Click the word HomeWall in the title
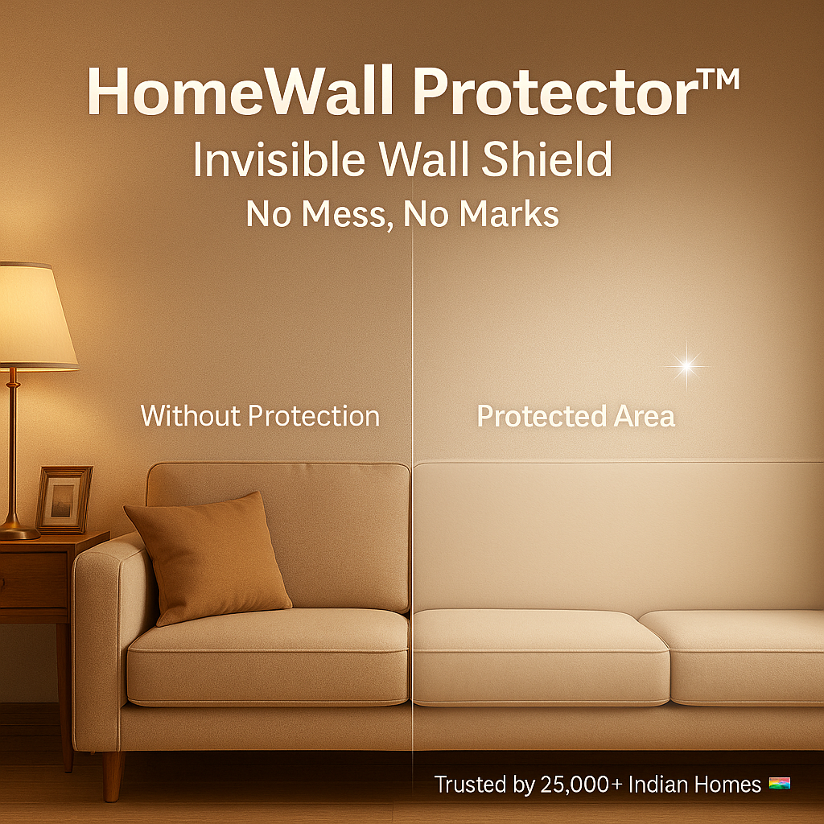coord(240,90)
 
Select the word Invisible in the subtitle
coord(279,159)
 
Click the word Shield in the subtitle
coord(546,159)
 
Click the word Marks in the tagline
coord(509,214)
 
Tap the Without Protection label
coord(260,416)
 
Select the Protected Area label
coord(575,416)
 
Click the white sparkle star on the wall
coord(686,366)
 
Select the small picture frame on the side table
coord(64,499)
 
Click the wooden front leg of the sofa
coord(112,775)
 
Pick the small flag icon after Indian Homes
coord(779,784)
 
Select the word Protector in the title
coord(555,90)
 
